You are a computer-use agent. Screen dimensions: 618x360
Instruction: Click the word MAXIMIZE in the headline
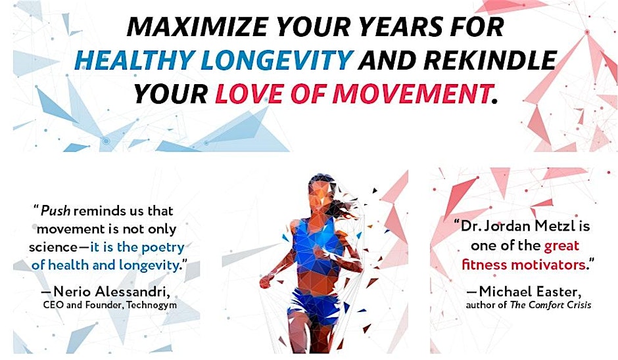[199, 26]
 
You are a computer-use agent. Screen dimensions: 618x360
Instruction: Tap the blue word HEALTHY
[134, 60]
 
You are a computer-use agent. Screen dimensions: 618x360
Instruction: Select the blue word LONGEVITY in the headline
[277, 60]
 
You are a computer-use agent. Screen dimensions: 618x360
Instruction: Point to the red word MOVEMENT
[412, 94]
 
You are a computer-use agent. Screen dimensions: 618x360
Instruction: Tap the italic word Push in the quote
[55, 211]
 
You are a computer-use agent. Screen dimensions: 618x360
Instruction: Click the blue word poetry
[163, 248]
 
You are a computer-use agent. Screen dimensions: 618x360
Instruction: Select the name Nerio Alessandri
[111, 292]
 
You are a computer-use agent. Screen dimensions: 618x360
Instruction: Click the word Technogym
[152, 305]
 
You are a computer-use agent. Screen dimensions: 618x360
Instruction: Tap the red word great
[561, 246]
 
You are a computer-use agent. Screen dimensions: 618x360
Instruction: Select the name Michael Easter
[529, 292]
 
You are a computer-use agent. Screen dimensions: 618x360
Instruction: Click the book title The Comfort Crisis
[550, 305]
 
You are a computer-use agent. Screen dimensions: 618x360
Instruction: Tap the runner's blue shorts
[314, 305]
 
